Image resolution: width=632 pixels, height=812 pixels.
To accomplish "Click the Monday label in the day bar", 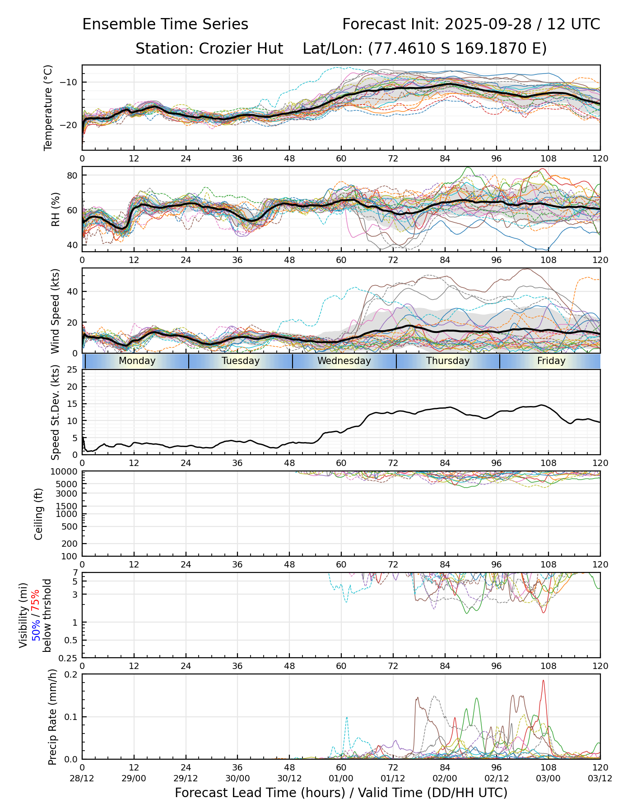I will [x=137, y=361].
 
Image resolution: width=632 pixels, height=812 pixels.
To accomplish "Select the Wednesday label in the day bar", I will [x=344, y=361].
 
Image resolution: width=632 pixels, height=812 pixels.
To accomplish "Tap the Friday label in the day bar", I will [x=551, y=361].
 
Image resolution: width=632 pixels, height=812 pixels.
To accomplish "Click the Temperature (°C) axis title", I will [x=48, y=107].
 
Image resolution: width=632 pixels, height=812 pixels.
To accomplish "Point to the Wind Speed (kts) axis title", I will [x=55, y=311].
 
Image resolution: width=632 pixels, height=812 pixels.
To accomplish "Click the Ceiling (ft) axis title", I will [x=39, y=514].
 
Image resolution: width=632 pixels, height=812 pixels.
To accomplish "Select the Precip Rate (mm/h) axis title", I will [x=52, y=717].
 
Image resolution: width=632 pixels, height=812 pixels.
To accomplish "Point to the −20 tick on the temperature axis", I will [x=71, y=125].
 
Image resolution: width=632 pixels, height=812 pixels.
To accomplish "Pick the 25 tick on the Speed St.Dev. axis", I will [x=72, y=370].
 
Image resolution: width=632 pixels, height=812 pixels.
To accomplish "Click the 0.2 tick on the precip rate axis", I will [x=72, y=674].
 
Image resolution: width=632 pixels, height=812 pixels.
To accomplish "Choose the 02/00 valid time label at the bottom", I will [x=445, y=779].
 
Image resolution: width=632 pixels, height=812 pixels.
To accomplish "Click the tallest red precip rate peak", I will [x=543, y=681].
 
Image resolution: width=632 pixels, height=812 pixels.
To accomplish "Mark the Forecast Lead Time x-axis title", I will [x=341, y=793].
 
